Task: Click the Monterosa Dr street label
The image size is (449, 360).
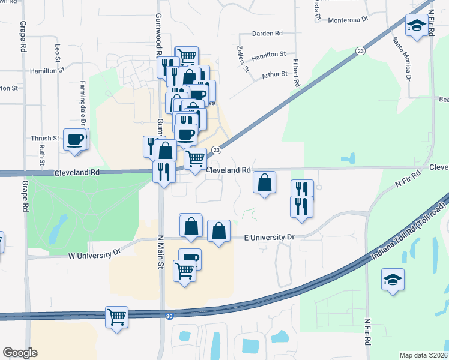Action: tap(348, 20)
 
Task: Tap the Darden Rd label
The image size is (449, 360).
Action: tap(267, 34)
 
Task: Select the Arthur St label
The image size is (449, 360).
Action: tap(274, 75)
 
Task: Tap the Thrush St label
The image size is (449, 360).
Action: tap(46, 139)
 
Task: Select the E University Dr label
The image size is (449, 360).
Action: tap(270, 238)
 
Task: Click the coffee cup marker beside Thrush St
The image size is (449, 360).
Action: tap(76, 140)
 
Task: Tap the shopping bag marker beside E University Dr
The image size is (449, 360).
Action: tap(219, 231)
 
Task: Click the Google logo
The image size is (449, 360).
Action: tap(20, 352)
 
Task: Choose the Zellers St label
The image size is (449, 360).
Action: tap(246, 60)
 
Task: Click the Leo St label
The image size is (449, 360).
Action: tap(58, 52)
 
